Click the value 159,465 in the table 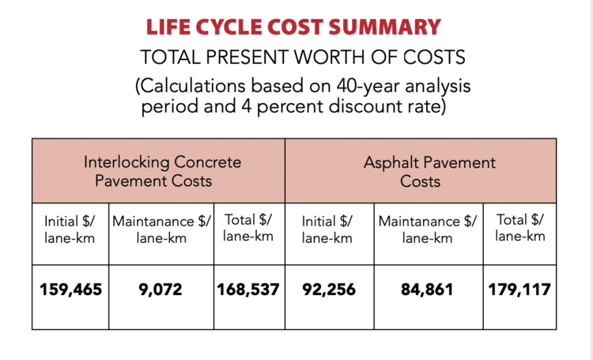click(x=71, y=290)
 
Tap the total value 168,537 click(x=248, y=290)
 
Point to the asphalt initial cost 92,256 click(x=329, y=290)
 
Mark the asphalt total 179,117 click(x=519, y=290)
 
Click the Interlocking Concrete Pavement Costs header click(x=163, y=172)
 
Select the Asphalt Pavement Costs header click(x=429, y=172)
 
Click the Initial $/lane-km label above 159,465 click(x=71, y=229)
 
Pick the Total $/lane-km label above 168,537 click(x=248, y=228)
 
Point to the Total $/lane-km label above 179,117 click(x=519, y=228)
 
